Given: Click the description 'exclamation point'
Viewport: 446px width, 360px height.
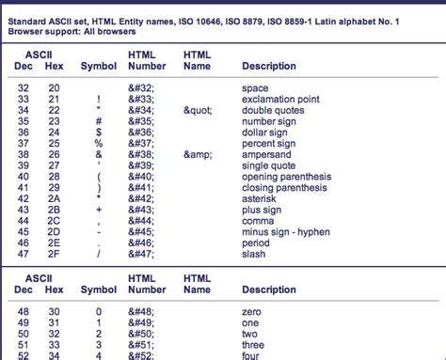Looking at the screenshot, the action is click(272, 99).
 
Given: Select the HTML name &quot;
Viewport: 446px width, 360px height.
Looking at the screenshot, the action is click(199, 110).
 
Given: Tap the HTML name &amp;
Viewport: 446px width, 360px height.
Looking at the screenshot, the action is click(199, 153).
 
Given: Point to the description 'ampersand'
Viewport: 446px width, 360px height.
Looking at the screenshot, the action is click(265, 153).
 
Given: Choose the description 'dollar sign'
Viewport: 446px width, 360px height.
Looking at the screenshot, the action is click(264, 132).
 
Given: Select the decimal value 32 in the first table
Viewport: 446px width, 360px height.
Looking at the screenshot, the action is click(24, 88).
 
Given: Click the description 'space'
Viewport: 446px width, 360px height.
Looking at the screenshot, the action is click(255, 88).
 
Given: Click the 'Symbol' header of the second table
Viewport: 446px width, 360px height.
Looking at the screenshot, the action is click(99, 290).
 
